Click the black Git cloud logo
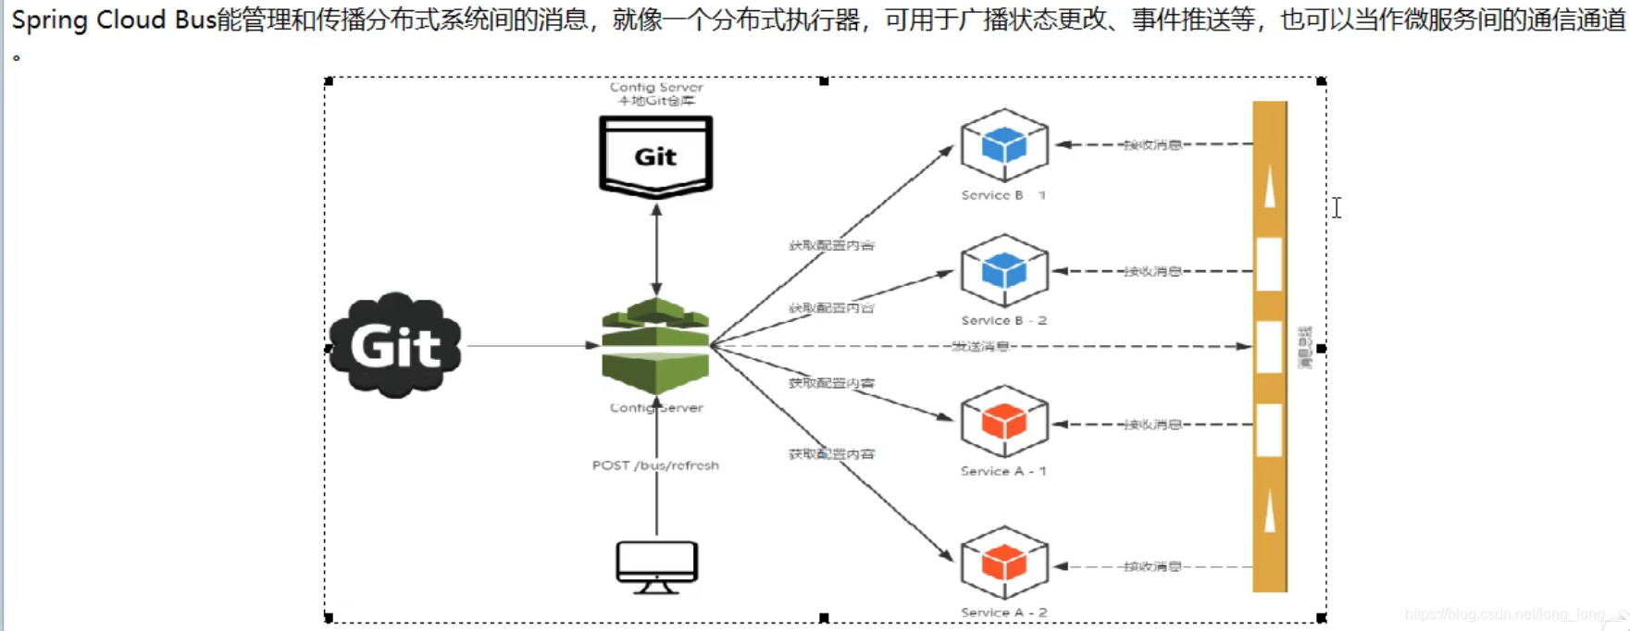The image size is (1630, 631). tap(395, 346)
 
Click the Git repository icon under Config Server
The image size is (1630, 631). tap(655, 155)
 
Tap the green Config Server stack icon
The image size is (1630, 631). tap(655, 346)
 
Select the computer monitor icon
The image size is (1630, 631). tap(656, 566)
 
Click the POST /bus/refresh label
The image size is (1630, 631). tap(655, 465)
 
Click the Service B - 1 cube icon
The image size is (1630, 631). tap(1004, 145)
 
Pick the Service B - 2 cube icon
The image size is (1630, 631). tap(1004, 271)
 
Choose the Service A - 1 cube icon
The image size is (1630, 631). tap(1004, 422)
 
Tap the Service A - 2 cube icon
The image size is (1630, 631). tap(1004, 563)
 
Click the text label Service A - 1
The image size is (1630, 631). tap(1003, 471)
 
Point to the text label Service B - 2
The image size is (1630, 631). tap(1003, 320)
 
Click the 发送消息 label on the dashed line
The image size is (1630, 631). tap(980, 346)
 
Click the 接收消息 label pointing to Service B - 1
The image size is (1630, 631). tap(1152, 145)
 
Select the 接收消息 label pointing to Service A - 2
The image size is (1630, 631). tap(1152, 566)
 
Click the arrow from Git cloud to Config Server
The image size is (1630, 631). tap(532, 346)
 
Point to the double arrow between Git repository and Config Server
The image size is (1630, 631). tap(656, 249)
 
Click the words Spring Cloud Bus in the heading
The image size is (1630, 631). tap(114, 19)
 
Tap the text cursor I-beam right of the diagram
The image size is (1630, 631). tap(1337, 207)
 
